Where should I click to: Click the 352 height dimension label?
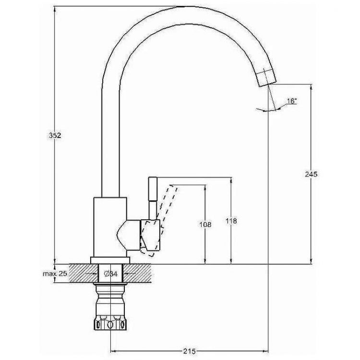pos(56,136)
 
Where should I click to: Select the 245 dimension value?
pos(311,174)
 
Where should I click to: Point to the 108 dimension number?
pos(205,224)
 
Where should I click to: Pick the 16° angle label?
pos(291,101)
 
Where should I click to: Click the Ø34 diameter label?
pos(111,274)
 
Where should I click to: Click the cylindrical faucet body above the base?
pos(111,226)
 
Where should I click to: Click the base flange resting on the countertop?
pos(111,261)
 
